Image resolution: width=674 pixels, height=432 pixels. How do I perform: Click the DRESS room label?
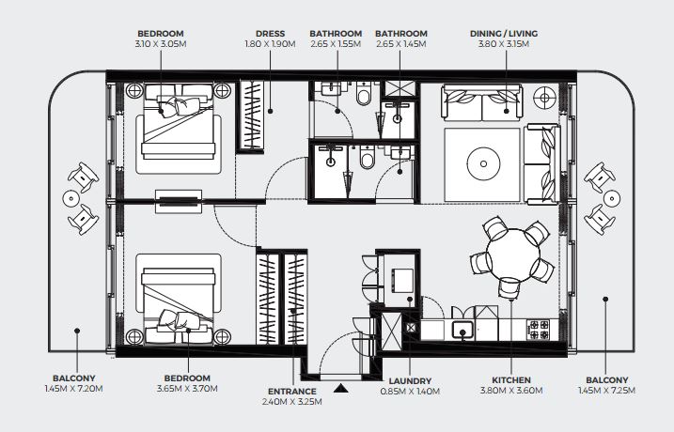point(270,34)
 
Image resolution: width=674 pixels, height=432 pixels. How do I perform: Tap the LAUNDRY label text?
point(410,381)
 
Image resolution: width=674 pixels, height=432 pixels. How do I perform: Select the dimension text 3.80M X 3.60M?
point(511,391)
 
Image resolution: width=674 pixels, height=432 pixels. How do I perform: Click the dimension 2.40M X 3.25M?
point(291,402)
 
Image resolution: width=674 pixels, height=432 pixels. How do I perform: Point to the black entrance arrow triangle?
point(341,388)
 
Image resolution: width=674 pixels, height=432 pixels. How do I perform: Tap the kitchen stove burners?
point(539,330)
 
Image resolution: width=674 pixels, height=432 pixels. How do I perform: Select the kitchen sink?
point(462,330)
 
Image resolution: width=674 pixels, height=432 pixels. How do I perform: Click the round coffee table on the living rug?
point(483,163)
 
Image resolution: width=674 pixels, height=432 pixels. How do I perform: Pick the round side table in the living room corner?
point(544,98)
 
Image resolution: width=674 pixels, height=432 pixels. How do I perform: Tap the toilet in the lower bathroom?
point(367,158)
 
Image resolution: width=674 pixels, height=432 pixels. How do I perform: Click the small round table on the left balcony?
point(71,198)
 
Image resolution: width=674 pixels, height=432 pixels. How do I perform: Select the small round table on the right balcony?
point(611,198)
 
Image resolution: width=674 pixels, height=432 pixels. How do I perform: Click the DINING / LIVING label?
point(504,34)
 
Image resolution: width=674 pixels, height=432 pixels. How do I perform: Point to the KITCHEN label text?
point(511,380)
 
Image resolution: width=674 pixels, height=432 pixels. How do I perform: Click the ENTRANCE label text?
point(291,392)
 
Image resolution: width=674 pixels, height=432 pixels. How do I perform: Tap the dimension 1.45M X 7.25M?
point(606,391)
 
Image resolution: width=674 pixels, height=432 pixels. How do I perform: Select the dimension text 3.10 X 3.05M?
point(161,44)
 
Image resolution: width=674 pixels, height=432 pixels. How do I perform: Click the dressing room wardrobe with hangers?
point(252,116)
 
